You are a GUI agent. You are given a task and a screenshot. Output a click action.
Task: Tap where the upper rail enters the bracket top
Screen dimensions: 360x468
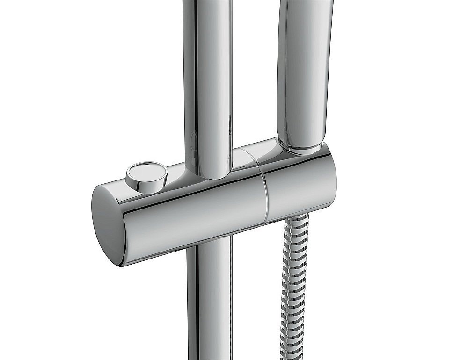click(x=208, y=175)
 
